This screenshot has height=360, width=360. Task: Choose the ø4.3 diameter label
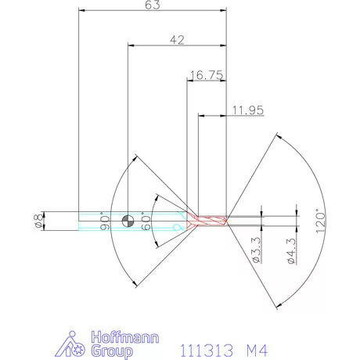(x=290, y=253)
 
